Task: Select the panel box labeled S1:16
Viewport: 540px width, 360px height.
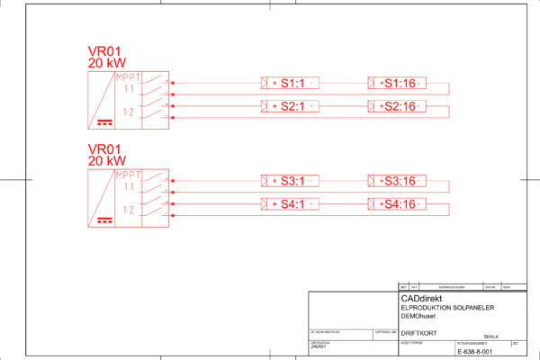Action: tap(396, 84)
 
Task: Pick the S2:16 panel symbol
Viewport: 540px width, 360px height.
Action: tap(396, 107)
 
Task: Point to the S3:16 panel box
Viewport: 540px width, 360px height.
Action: tap(396, 181)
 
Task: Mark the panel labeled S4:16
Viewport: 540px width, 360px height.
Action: tap(396, 204)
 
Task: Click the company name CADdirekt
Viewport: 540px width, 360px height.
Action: tap(427, 298)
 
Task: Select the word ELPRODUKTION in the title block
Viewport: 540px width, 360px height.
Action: tap(424, 308)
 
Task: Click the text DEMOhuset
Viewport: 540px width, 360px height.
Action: tap(418, 317)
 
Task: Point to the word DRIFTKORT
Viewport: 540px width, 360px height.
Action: tap(418, 333)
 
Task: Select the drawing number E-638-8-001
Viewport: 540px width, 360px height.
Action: tap(476, 351)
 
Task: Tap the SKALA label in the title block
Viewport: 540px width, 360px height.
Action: tap(491, 337)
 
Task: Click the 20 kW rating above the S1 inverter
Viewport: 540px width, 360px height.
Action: tap(106, 63)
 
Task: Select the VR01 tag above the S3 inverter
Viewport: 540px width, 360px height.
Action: tap(103, 148)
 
